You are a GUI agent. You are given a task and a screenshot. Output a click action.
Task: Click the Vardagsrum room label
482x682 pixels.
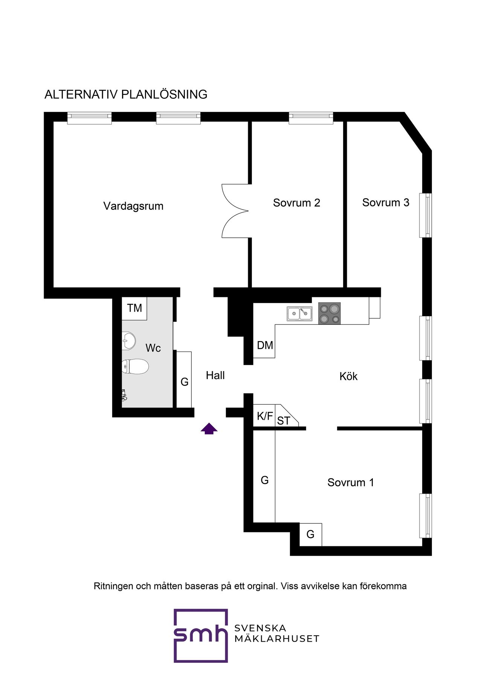133,206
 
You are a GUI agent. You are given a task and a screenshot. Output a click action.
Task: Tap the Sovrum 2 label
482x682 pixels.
297,203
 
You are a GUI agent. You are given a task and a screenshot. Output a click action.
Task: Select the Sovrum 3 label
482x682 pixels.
386,202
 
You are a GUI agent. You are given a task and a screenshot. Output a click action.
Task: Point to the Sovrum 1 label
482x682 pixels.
351,482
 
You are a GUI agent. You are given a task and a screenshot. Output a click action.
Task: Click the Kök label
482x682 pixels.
348,376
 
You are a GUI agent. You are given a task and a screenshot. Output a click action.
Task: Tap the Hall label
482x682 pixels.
215,375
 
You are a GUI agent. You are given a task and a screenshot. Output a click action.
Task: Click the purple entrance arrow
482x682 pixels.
209,429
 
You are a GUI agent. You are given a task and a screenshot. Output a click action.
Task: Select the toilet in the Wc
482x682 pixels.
135,366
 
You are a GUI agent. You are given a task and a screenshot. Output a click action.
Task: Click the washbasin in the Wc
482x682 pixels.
128,341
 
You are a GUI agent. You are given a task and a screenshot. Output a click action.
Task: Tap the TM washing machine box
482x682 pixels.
134,309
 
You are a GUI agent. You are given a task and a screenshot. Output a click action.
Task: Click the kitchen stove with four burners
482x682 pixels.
329,313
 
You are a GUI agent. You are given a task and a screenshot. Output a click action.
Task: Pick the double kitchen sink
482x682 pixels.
299,313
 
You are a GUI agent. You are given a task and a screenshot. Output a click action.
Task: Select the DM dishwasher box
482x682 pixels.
264,345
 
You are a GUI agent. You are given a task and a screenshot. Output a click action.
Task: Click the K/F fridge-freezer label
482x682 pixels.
265,416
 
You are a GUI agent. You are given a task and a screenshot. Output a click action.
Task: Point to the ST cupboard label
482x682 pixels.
284,421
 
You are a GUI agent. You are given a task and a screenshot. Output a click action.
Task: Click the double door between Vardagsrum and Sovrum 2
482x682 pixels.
235,211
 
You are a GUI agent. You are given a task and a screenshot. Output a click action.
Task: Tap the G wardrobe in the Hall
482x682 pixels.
184,379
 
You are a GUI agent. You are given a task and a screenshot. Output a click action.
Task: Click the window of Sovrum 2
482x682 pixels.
311,118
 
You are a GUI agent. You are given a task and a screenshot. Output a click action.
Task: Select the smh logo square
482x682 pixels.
201,636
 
